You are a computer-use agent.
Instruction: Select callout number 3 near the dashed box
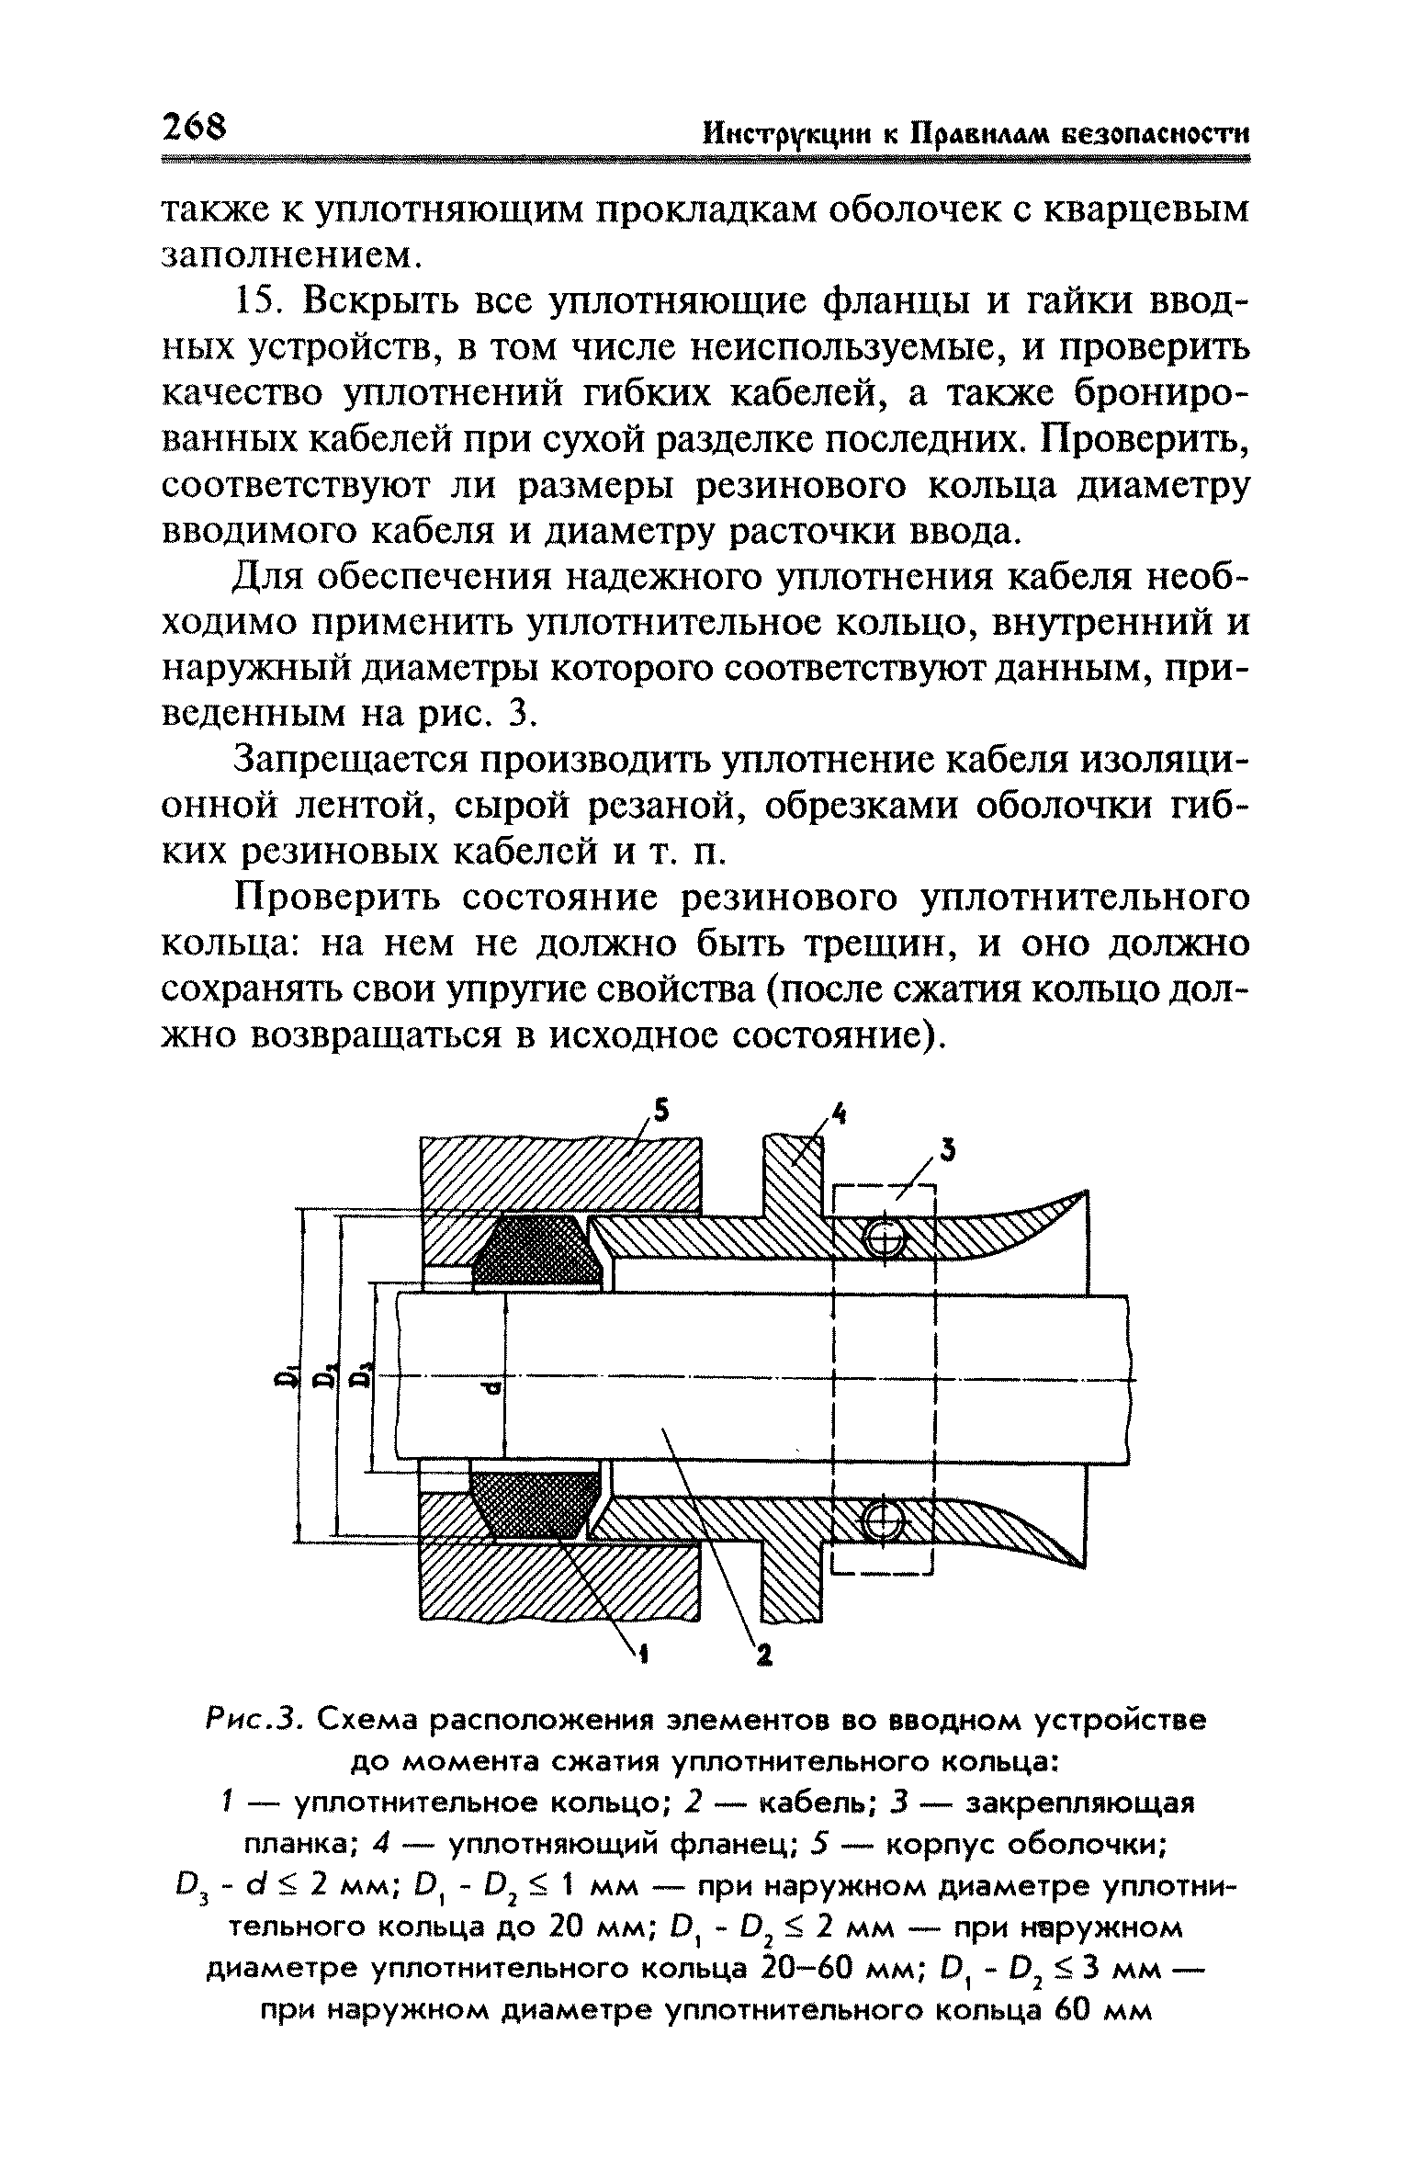click(x=947, y=1149)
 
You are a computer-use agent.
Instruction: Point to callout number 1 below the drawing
click(x=643, y=1654)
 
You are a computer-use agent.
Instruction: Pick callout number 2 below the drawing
click(x=761, y=1656)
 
